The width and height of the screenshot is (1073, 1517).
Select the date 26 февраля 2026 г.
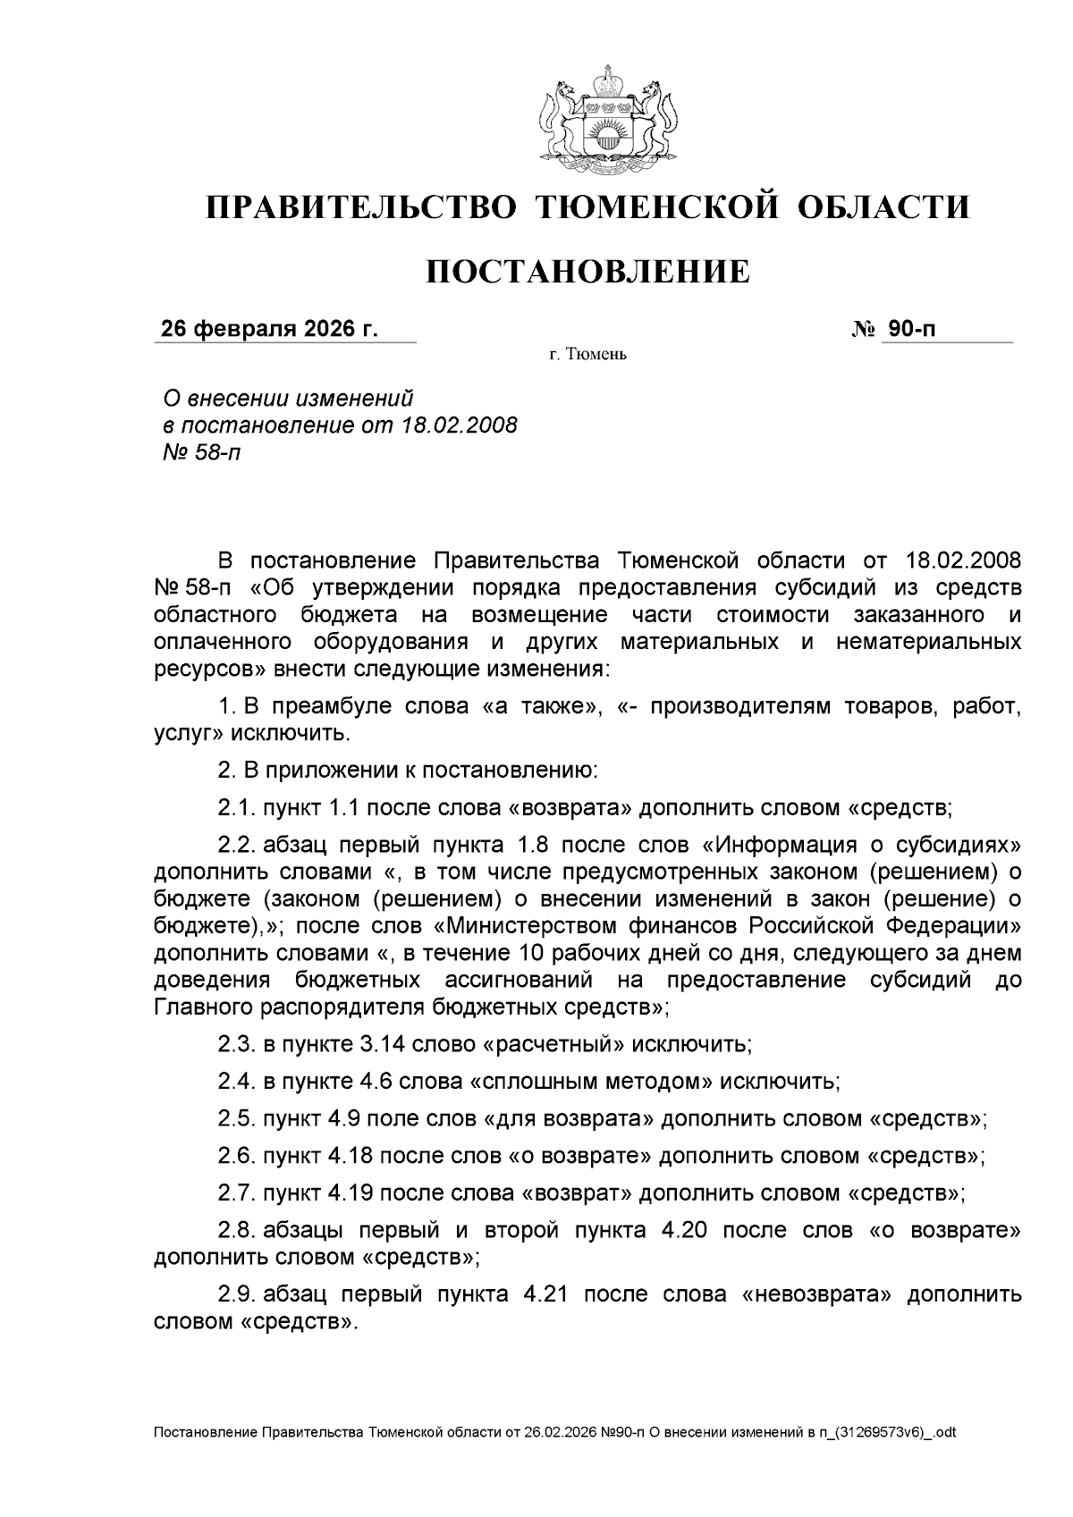coord(269,329)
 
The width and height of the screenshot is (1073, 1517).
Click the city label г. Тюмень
coord(587,355)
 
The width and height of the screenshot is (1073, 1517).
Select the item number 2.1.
coord(236,808)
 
